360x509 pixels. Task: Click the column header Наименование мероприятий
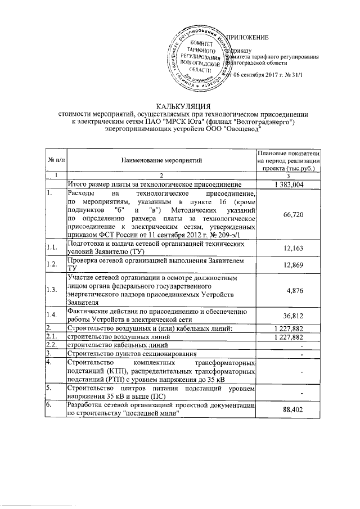click(161, 160)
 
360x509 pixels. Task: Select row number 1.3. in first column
click(52, 290)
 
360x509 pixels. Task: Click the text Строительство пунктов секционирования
click(131, 353)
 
